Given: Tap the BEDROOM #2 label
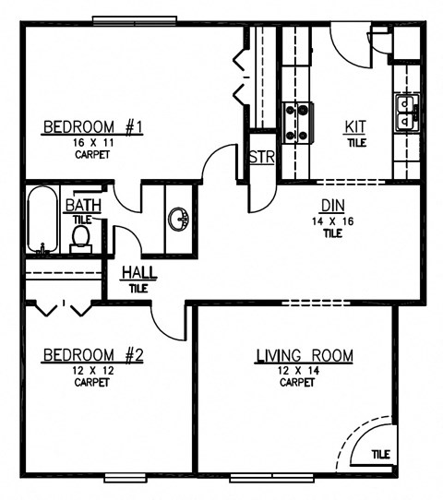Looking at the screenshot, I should [x=90, y=354].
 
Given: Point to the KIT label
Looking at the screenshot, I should [x=355, y=127].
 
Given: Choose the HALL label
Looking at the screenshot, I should [x=138, y=273].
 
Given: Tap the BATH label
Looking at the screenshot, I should [x=78, y=207].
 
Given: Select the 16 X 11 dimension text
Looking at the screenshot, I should [x=90, y=143].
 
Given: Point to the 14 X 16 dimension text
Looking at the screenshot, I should [x=332, y=220].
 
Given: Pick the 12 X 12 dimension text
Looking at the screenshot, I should [x=90, y=370].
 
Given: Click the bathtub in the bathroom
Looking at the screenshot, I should [x=42, y=221].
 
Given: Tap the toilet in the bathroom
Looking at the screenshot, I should [x=80, y=236].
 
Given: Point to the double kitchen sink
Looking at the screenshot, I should [x=405, y=113].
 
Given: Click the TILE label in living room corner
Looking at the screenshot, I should [x=380, y=454].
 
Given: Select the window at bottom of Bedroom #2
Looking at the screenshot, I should [x=126, y=477].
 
